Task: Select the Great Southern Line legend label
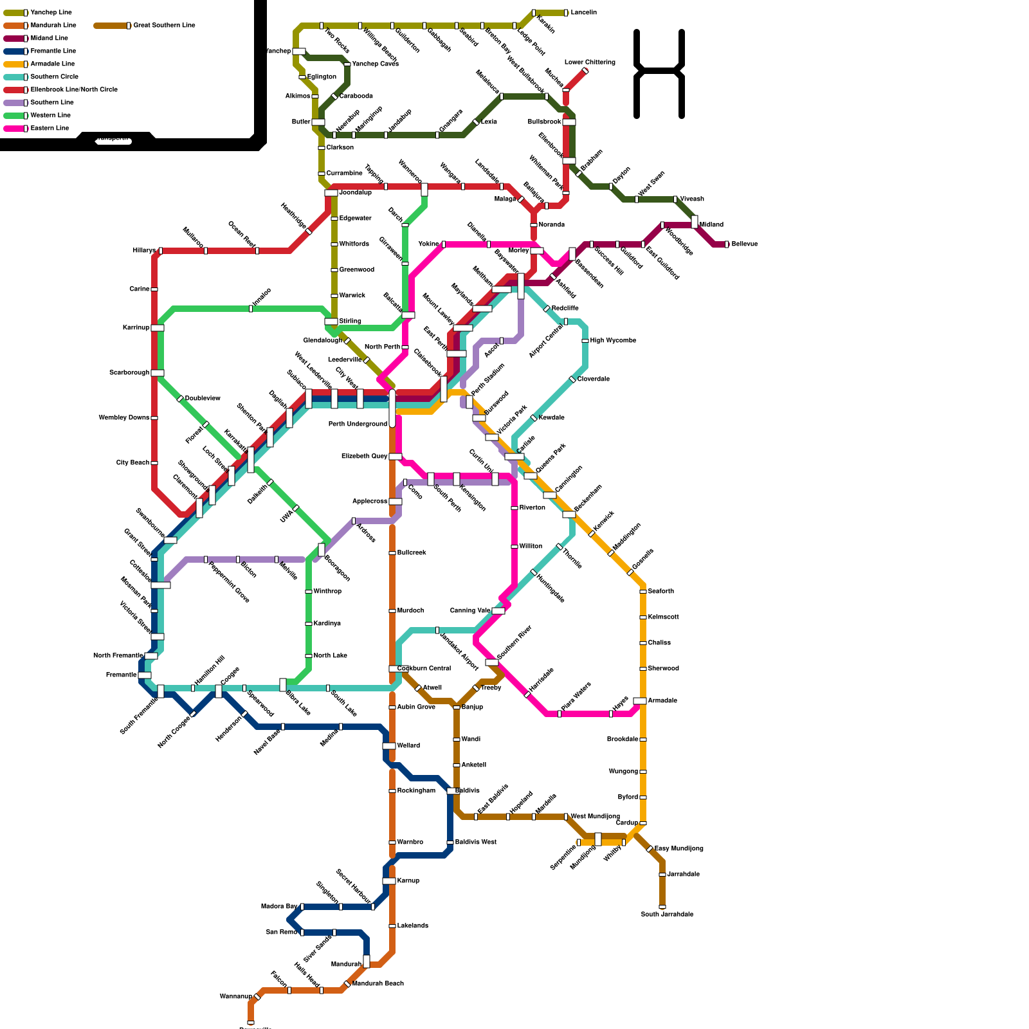point(164,25)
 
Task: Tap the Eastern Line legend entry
point(50,128)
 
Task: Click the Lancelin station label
point(583,12)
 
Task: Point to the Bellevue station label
point(744,244)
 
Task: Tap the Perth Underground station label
point(358,424)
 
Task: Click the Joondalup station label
point(355,192)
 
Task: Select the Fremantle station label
point(121,675)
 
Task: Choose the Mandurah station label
point(346,964)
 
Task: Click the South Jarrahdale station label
point(667,914)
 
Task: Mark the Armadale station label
point(662,700)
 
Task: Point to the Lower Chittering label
point(590,62)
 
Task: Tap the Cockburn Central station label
point(424,668)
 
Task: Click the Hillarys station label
point(144,250)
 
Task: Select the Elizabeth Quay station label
point(364,456)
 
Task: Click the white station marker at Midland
point(695,222)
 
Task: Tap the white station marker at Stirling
point(331,322)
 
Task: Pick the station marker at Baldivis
point(453,791)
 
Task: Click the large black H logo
point(659,73)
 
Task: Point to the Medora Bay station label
point(279,906)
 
